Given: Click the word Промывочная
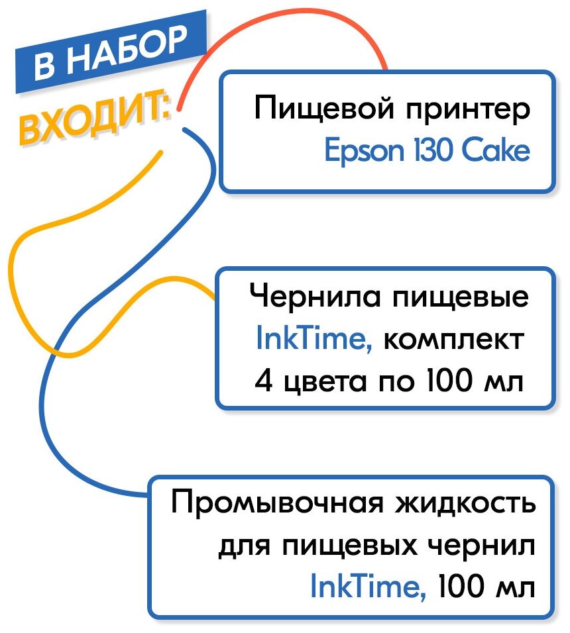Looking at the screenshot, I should (278, 505).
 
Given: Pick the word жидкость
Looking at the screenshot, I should (465, 505).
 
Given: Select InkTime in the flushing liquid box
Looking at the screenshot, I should (368, 588).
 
